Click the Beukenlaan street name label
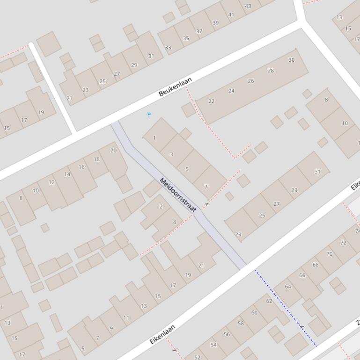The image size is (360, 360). [176, 87]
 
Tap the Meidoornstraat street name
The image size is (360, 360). [178, 195]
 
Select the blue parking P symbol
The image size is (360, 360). [149, 115]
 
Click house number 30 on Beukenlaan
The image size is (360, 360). [292, 60]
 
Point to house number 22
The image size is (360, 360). [212, 101]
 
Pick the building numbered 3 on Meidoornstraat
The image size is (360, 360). [171, 154]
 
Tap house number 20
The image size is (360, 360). [113, 151]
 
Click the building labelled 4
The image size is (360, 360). [175, 222]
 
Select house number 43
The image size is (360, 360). [248, 6]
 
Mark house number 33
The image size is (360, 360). [168, 47]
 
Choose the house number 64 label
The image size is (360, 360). [288, 287]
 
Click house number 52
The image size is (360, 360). [197, 357]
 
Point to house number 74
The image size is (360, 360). [357, 231]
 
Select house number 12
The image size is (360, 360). [52, 182]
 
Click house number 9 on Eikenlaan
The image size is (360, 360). [111, 328]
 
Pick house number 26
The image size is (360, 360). [251, 81]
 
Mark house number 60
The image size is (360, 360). [254, 313]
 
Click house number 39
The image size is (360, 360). [215, 22]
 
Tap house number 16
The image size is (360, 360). [81, 167]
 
